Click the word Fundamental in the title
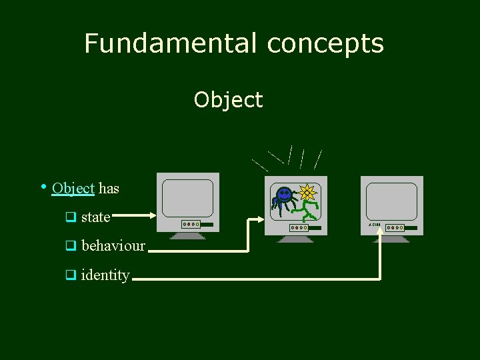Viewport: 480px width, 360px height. point(171,44)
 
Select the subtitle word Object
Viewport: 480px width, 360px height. point(229,100)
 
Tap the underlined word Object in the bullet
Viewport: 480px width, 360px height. point(73,189)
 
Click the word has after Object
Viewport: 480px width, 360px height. point(109,189)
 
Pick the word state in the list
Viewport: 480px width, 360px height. point(95,217)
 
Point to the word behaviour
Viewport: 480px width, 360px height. point(113,246)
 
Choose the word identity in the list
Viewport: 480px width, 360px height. point(105,275)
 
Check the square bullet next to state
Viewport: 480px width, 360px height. point(69,217)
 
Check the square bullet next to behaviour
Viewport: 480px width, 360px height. point(69,246)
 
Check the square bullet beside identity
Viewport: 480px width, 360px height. point(69,275)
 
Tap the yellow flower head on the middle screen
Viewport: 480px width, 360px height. point(307,193)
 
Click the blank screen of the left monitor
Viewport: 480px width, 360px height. point(188,198)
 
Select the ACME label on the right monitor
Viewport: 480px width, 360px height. point(374,225)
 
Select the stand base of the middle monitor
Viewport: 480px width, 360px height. point(296,239)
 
